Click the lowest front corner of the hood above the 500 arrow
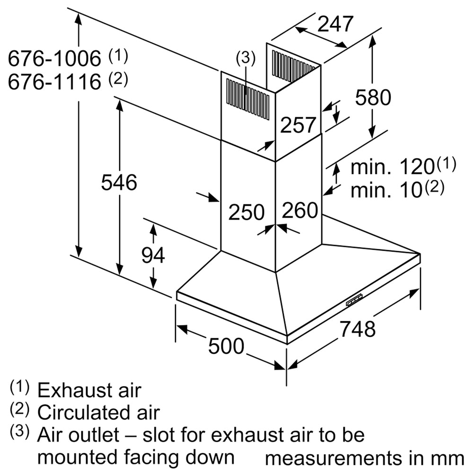point(287,344)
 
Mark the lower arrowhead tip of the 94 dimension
point(154,289)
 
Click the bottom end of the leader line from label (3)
point(246,94)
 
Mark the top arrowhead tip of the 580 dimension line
point(373,35)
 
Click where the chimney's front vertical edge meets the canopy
point(275,272)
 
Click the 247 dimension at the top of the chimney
point(335,24)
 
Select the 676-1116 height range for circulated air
point(54,81)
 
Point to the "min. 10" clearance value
point(386,190)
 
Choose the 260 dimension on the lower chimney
point(300,210)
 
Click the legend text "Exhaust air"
point(89,390)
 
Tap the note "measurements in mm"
point(364,458)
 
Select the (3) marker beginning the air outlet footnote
point(20,432)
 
